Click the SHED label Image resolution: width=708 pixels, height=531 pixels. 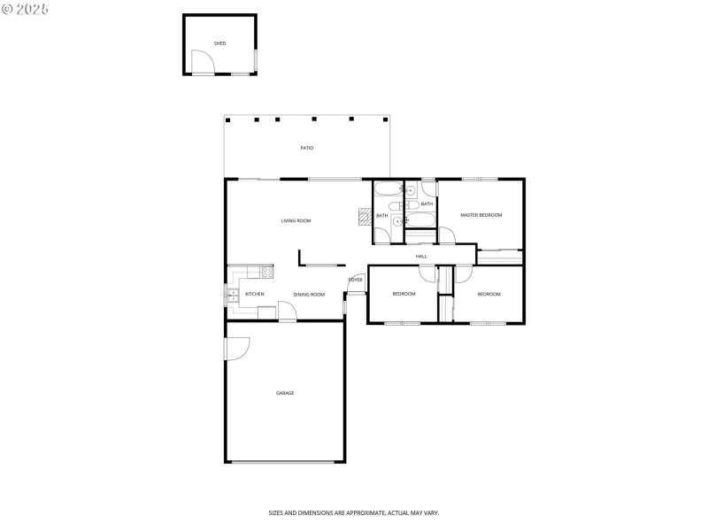tap(219, 42)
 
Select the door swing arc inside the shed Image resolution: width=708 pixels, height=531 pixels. tap(203, 62)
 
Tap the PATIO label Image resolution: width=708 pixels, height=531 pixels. tap(306, 148)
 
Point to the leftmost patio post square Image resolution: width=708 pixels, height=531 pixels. tap(227, 119)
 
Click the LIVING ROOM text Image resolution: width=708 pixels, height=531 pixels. tap(296, 220)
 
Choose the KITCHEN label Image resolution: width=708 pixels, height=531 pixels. tap(255, 294)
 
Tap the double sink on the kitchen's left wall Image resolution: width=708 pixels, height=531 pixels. tap(232, 296)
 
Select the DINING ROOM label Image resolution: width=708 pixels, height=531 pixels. tap(309, 295)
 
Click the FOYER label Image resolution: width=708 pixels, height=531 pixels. tap(355, 280)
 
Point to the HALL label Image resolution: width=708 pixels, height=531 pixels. tap(421, 257)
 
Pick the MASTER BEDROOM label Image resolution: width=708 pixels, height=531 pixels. tap(481, 215)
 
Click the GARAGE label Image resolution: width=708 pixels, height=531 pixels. tap(284, 393)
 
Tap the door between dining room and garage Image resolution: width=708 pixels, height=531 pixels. tap(287, 311)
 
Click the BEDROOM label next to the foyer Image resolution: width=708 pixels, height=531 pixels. tap(404, 294)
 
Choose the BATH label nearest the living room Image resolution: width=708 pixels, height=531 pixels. tap(381, 215)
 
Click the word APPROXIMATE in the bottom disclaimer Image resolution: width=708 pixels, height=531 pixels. tap(366, 512)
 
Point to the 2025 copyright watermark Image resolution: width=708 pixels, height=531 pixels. tap(26, 8)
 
